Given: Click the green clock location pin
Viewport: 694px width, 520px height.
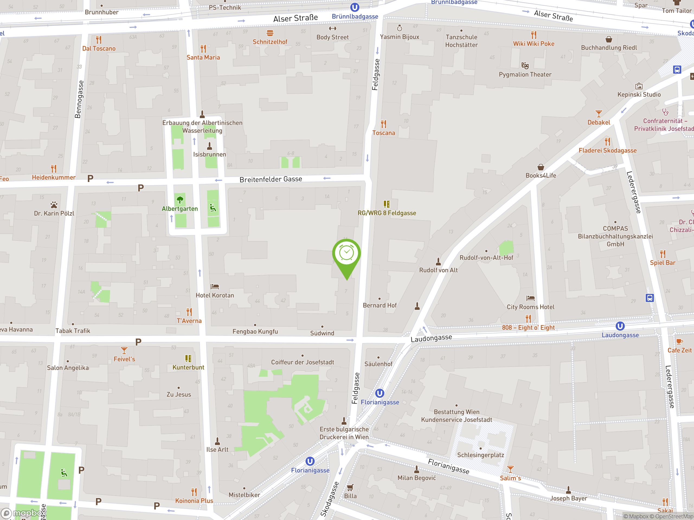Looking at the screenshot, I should point(346,254).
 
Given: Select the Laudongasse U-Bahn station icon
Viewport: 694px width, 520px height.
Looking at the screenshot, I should point(620,326).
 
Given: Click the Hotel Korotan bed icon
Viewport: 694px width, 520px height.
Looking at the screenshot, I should point(215,287).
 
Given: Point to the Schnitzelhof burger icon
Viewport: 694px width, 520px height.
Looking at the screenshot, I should point(270,33).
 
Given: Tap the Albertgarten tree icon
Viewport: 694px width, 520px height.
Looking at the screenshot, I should point(180,200).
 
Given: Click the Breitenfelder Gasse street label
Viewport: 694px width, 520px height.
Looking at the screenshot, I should point(271,179).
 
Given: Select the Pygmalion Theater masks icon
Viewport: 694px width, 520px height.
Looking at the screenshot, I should point(525,66).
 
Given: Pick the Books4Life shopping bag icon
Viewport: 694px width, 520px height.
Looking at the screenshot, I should point(541,167).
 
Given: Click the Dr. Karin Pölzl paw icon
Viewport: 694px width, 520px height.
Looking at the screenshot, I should point(54,205).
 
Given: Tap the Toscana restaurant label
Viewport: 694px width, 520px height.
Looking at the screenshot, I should point(383,133).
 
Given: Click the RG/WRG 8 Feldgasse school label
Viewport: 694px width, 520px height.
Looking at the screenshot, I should point(387,213).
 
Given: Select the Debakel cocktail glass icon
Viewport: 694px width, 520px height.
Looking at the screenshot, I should point(599,113).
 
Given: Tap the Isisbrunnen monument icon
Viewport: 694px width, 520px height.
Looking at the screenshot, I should point(210,146).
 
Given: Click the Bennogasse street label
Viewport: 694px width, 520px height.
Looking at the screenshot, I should point(79,99).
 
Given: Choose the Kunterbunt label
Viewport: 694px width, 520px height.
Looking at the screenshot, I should point(188,367).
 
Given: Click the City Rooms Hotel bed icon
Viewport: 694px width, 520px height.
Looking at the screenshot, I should point(530,298).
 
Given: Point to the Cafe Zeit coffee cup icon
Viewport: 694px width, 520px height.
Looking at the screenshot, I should point(679,342).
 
